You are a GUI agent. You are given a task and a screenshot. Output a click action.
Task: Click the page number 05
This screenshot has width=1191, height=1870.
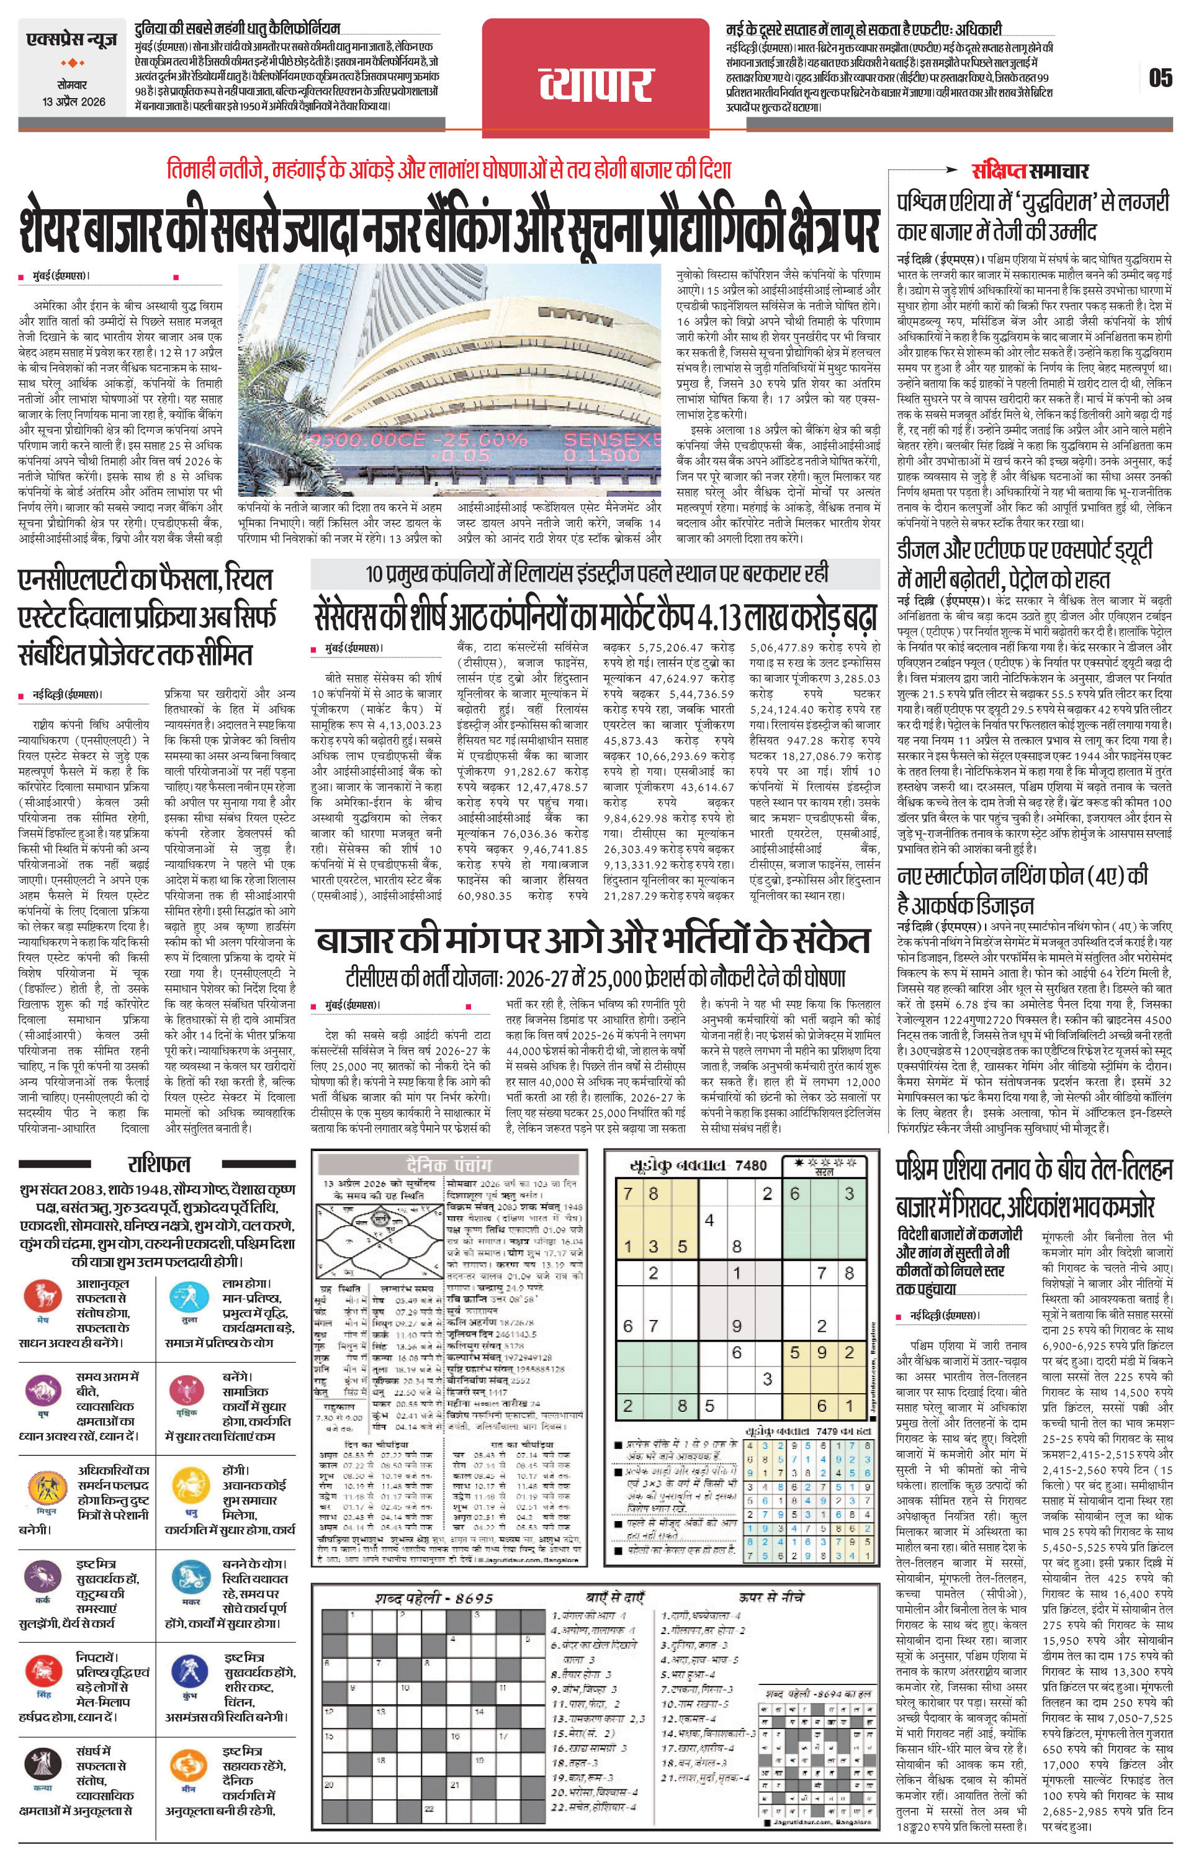[x=1160, y=78]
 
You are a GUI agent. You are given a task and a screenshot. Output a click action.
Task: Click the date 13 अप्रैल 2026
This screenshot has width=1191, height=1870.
[x=74, y=102]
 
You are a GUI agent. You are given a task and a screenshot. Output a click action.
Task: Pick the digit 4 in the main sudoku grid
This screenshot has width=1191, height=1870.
[x=709, y=1221]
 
